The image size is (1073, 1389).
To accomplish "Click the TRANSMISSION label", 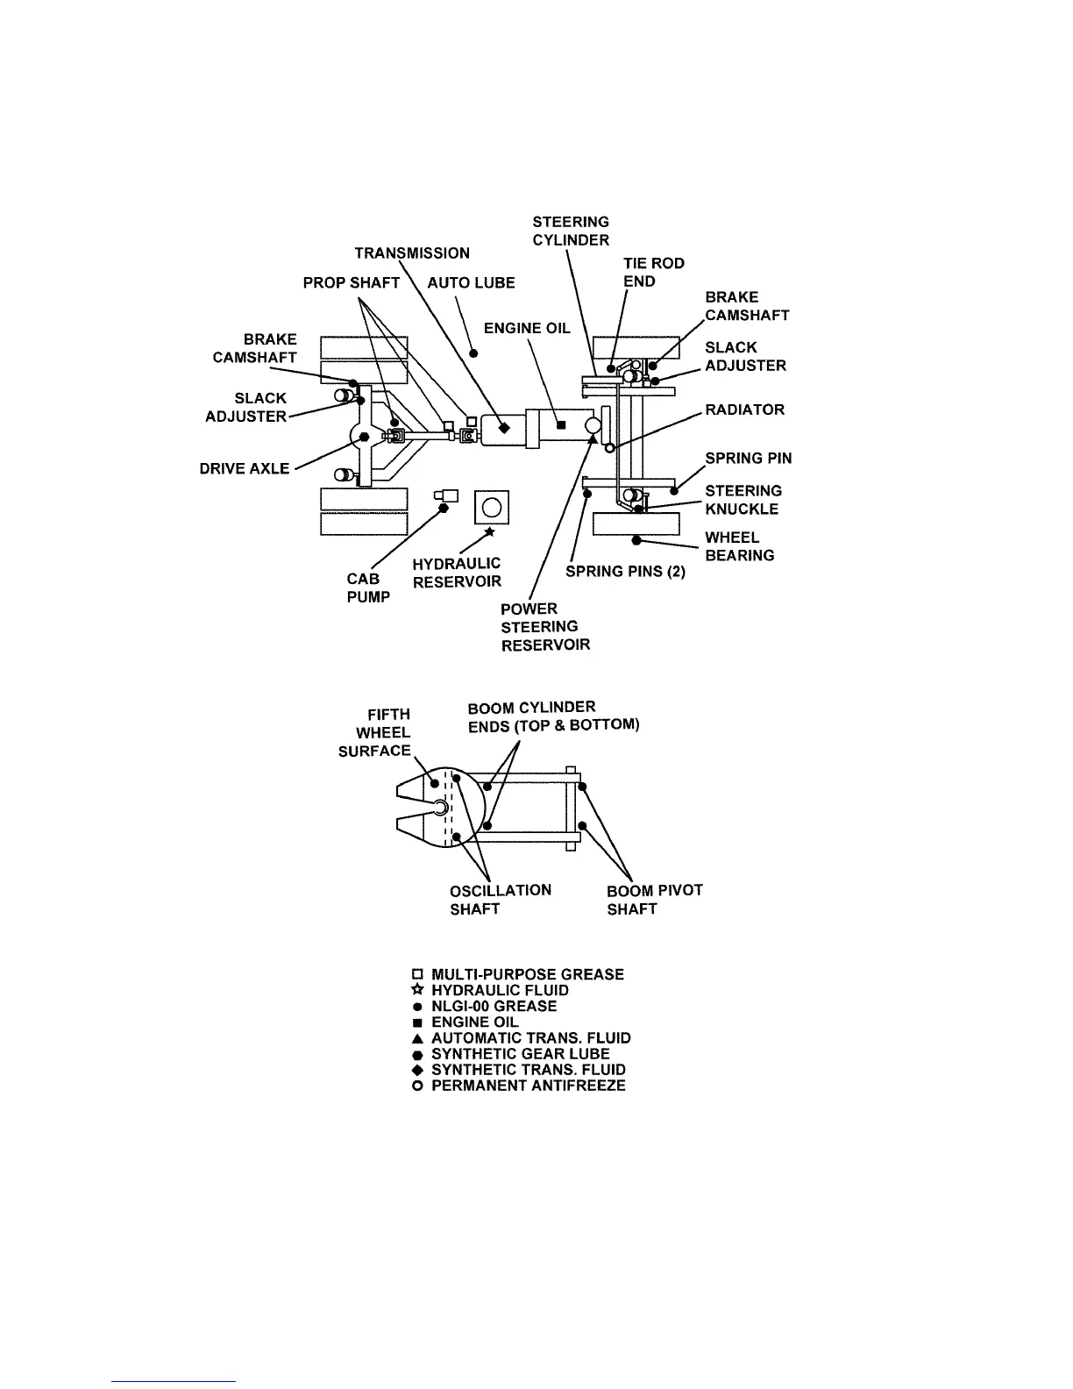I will click(x=412, y=253).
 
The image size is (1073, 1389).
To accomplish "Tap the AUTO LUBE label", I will click(x=471, y=282).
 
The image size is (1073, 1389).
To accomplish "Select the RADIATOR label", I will click(x=745, y=410).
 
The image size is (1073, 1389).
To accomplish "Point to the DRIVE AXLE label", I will click(x=245, y=468).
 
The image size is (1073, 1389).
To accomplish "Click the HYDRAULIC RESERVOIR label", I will click(x=457, y=573).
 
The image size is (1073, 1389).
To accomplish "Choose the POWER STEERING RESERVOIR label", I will click(x=545, y=627).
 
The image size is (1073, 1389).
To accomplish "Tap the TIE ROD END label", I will click(x=653, y=272).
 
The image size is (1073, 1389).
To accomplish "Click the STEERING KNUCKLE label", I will click(x=743, y=500).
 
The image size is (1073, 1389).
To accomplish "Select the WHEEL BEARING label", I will click(x=739, y=546).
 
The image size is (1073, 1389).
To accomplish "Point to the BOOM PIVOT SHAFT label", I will click(x=654, y=900).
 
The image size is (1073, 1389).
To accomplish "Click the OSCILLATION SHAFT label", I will click(x=501, y=900).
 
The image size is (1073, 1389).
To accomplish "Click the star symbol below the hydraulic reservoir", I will click(x=489, y=531).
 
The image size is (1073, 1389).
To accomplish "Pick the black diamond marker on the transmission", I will click(x=504, y=428).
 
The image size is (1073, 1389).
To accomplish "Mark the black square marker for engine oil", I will click(x=562, y=426).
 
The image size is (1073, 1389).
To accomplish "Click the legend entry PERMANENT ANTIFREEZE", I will click(x=528, y=1086).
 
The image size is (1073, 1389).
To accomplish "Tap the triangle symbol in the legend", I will click(x=418, y=1038).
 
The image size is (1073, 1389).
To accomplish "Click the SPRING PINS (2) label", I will click(x=625, y=572).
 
